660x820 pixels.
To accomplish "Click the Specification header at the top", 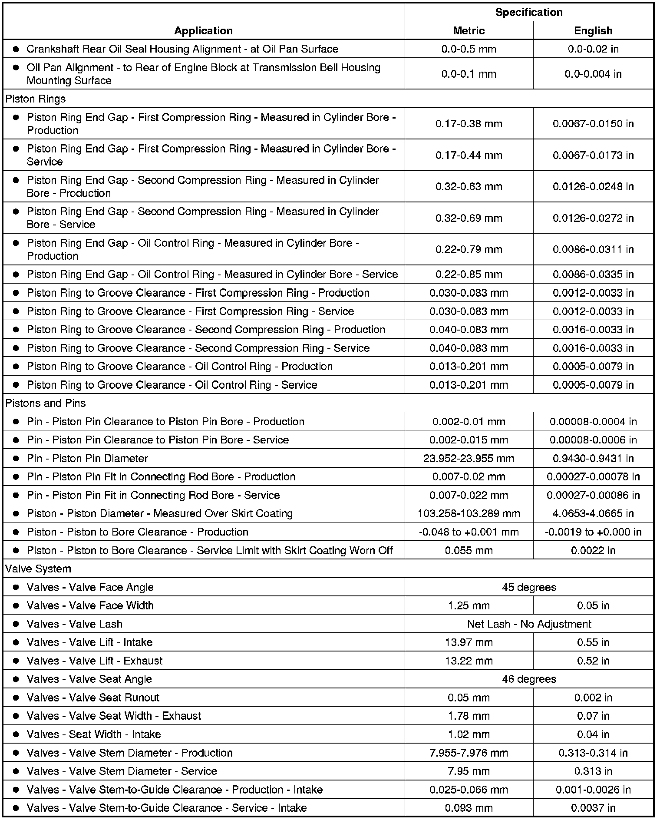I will click(x=528, y=12).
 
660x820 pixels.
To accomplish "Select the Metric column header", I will click(x=469, y=30).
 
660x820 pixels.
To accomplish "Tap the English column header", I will click(x=593, y=30).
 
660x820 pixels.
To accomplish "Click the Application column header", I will click(x=203, y=30).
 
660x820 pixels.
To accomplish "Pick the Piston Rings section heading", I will click(x=36, y=99).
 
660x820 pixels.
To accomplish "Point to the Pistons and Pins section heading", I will click(x=46, y=403).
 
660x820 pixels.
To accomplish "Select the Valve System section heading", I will click(x=38, y=569).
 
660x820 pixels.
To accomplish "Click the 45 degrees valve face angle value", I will click(x=528, y=587).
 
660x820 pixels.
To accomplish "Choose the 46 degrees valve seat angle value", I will click(x=528, y=679).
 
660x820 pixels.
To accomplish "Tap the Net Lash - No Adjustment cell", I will click(x=528, y=624).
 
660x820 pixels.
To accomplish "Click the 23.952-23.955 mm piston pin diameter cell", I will click(x=469, y=458).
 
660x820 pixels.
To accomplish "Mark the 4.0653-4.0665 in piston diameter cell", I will click(x=593, y=513).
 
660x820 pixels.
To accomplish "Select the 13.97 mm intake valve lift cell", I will click(x=469, y=642).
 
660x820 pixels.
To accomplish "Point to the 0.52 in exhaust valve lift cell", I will click(x=593, y=661).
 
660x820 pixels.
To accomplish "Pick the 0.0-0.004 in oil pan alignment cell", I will click(x=593, y=74).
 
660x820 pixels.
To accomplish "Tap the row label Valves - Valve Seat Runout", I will click(x=93, y=698).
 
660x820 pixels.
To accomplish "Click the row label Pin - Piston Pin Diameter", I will click(x=87, y=458).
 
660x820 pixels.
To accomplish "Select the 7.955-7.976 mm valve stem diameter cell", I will click(x=469, y=753).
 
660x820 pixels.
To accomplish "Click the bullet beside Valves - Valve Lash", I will click(x=16, y=624).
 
